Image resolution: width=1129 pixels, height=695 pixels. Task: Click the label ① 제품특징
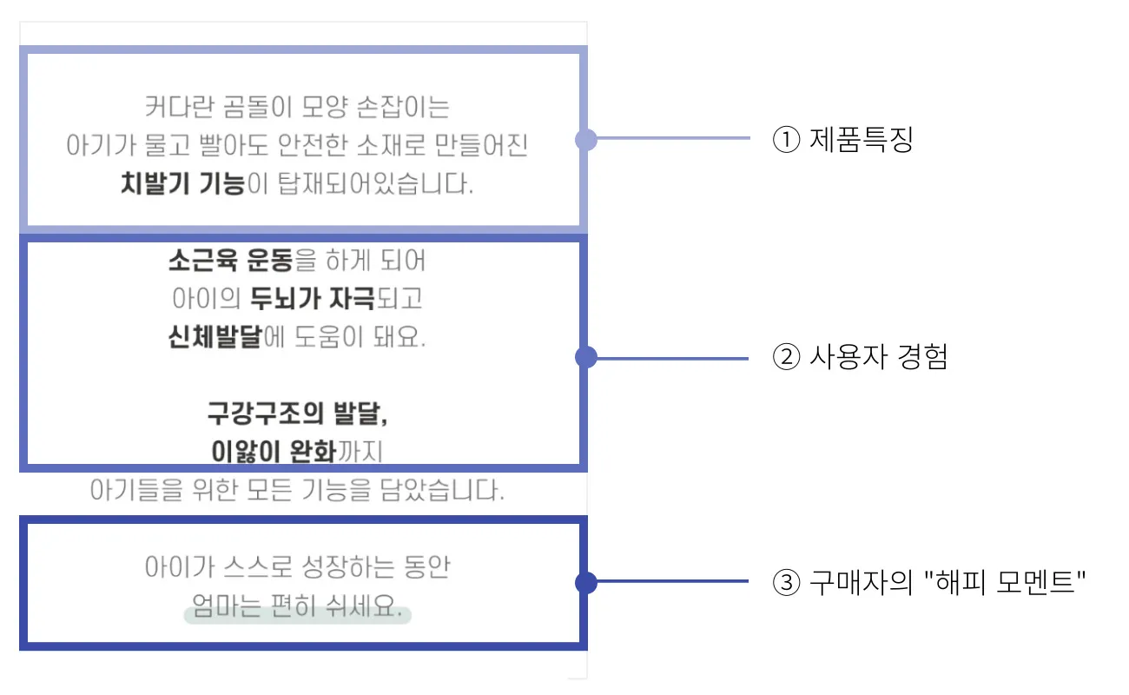click(843, 140)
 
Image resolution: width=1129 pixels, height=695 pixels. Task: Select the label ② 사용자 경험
click(860, 357)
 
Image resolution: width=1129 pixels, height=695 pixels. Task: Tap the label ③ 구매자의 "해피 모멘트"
click(930, 582)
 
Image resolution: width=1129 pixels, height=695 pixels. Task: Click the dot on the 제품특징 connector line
click(586, 140)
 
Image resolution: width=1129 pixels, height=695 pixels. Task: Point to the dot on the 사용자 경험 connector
click(586, 358)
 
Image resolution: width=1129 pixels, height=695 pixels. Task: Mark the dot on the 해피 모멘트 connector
click(586, 582)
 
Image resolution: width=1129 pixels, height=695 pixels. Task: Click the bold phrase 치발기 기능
click(182, 184)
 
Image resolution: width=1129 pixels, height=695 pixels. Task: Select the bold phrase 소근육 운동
click(230, 260)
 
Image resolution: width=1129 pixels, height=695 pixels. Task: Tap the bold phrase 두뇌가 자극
click(312, 299)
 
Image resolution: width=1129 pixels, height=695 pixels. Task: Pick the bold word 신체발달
click(215, 337)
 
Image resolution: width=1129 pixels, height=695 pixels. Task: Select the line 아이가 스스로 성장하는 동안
click(297, 568)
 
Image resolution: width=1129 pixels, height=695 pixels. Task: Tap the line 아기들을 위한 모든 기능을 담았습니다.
click(297, 490)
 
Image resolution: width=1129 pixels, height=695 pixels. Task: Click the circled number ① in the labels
click(785, 140)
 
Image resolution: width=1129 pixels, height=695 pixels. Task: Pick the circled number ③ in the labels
click(785, 582)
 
